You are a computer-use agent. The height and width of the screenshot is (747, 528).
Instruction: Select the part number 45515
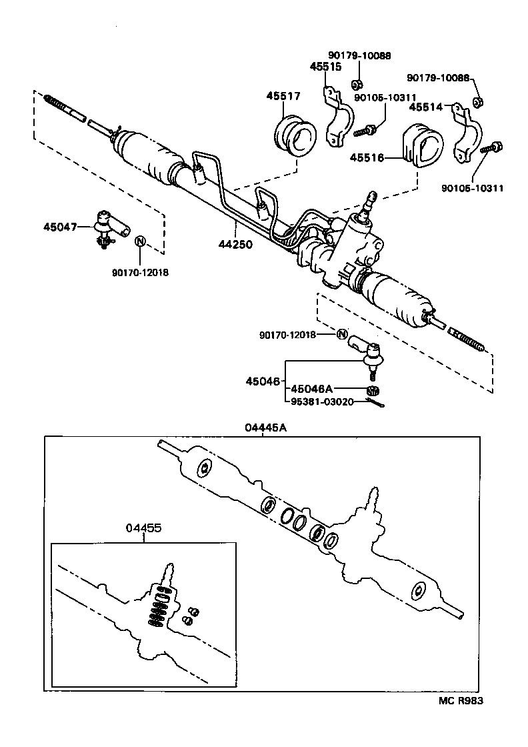click(326, 67)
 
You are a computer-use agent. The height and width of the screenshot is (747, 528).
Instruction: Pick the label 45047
click(61, 227)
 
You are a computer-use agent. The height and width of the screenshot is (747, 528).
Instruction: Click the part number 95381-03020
click(323, 402)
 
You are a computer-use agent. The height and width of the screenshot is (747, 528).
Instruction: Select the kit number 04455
click(143, 528)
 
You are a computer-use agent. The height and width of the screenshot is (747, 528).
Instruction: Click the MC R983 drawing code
click(460, 700)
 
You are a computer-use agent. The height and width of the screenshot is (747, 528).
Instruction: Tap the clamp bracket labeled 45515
click(338, 120)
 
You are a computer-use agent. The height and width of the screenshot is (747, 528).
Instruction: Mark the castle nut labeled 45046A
click(373, 390)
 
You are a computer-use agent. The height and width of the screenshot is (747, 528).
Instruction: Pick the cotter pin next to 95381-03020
click(378, 402)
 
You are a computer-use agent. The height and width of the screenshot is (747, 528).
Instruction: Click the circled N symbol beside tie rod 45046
click(342, 334)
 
